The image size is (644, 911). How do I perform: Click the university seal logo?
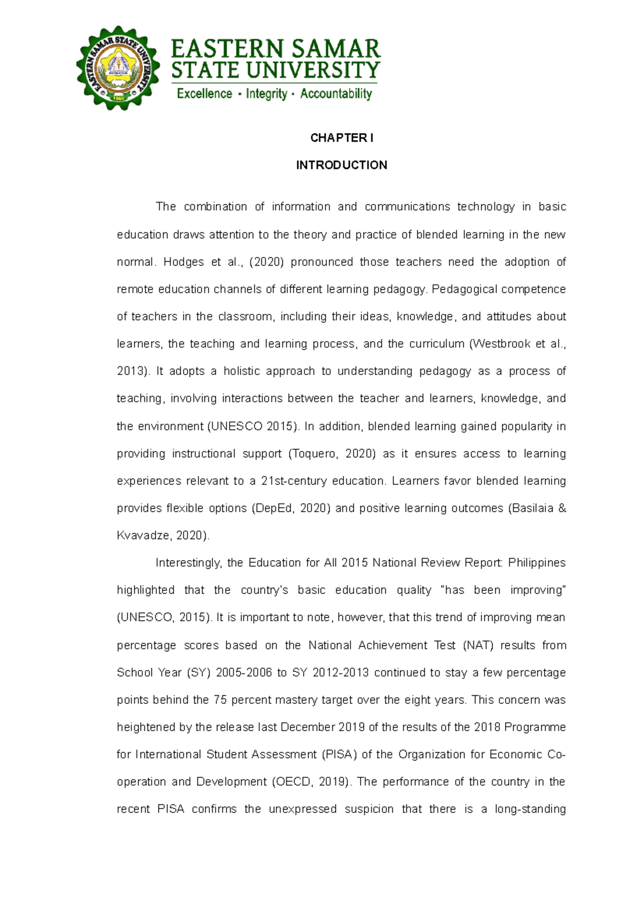[x=118, y=68]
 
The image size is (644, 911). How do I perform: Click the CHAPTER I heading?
[x=341, y=138]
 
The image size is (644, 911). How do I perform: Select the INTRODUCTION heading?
[x=341, y=165]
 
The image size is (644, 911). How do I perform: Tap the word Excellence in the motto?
[x=204, y=94]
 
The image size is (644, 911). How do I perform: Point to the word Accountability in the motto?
[x=336, y=94]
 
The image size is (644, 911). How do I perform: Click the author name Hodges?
[x=184, y=262]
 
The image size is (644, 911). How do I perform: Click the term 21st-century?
[x=294, y=481]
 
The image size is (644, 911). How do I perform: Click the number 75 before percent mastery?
[x=220, y=700]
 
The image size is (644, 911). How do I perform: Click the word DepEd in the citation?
[x=275, y=509]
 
